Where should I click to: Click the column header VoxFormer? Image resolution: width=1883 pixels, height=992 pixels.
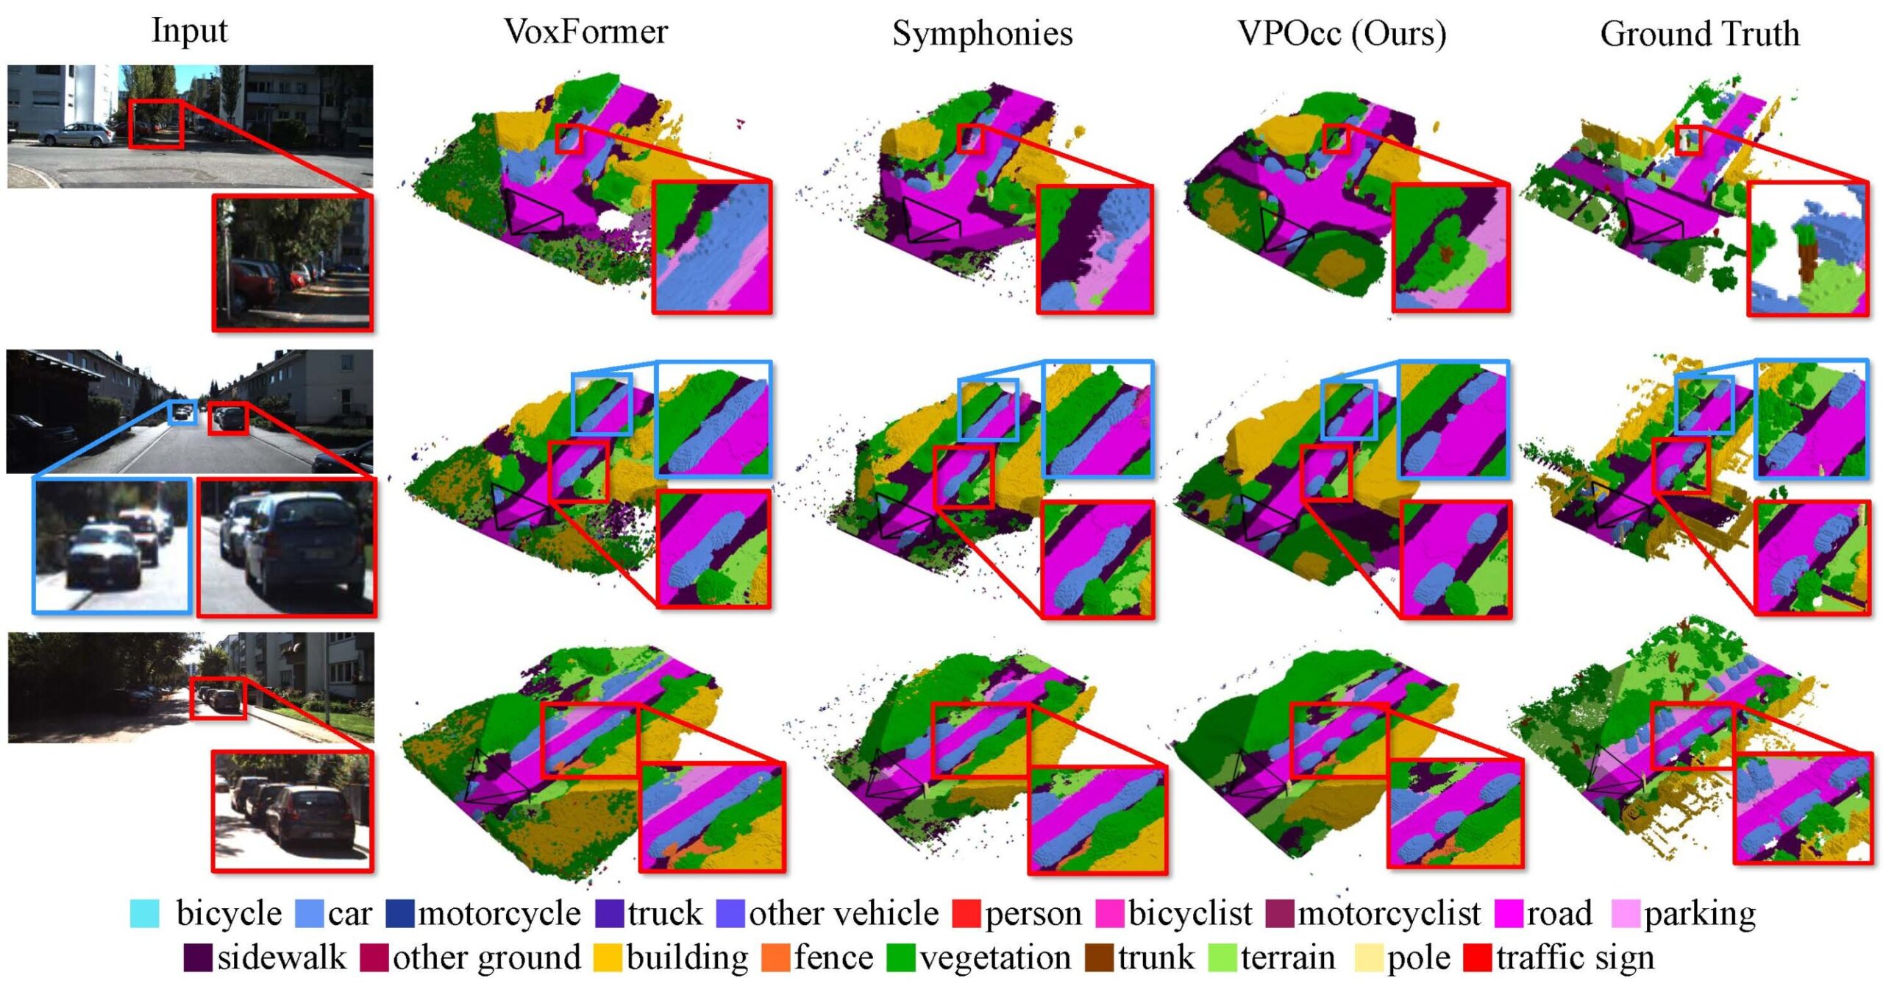tap(585, 32)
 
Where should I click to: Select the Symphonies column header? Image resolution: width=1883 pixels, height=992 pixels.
tap(982, 34)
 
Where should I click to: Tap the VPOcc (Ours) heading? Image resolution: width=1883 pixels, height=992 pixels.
tap(1342, 34)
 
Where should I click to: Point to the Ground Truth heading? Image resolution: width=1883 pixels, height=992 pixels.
tap(1699, 34)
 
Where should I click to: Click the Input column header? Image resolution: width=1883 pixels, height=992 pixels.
tap(189, 31)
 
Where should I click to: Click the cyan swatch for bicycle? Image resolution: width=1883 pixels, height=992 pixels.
tap(144, 913)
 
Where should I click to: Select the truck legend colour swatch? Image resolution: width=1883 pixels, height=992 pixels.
tap(610, 913)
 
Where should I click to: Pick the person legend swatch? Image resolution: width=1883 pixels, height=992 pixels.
tap(966, 913)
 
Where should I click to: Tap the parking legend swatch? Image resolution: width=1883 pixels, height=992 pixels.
tap(1626, 913)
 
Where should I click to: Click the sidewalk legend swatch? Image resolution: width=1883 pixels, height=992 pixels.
tap(198, 957)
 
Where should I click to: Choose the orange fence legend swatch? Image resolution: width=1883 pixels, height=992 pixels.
tap(775, 957)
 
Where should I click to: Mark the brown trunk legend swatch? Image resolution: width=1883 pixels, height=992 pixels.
tap(1099, 957)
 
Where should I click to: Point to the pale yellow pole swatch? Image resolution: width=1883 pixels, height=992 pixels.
tap(1369, 957)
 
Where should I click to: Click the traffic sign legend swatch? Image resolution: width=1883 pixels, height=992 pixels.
tap(1478, 957)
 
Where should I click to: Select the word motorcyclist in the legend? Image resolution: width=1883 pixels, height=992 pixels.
tap(1389, 913)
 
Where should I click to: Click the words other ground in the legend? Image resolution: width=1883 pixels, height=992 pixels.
tap(487, 957)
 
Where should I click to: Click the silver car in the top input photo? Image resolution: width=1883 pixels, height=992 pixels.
tap(76, 135)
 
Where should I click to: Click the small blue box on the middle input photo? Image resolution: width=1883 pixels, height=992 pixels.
tap(182, 412)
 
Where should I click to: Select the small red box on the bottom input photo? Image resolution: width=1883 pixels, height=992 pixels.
tap(218, 698)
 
